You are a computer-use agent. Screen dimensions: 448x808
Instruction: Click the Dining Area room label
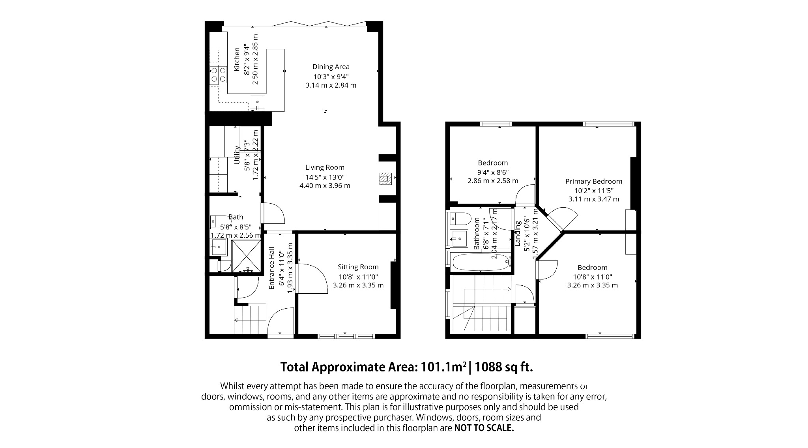click(331, 67)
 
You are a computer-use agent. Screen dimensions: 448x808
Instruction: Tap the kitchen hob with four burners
click(218, 75)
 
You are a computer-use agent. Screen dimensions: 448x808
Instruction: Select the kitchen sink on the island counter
click(257, 102)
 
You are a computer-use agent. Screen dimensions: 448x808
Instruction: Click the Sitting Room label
click(358, 267)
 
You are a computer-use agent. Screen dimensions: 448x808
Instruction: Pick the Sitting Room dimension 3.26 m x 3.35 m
click(358, 285)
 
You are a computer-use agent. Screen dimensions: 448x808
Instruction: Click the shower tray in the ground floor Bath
click(247, 257)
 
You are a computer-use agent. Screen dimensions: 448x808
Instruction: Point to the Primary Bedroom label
click(593, 182)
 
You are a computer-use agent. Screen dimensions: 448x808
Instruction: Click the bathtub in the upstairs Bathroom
click(480, 262)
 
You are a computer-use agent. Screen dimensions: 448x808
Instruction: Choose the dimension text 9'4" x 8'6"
click(492, 172)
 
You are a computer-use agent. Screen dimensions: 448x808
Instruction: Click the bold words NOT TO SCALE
click(484, 428)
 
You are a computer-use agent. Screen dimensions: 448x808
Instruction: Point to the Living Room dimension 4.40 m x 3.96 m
click(325, 186)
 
